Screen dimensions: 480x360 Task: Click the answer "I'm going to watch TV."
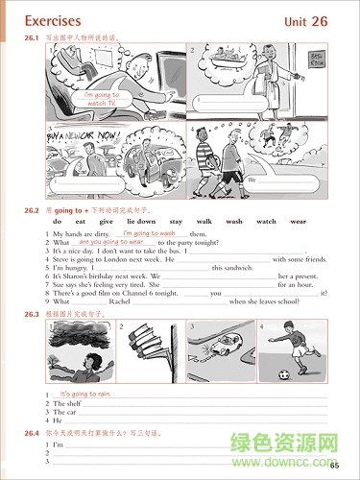coord(101,100)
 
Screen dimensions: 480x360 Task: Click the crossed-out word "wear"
coord(298,222)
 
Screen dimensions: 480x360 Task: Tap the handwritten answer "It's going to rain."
coord(85,395)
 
